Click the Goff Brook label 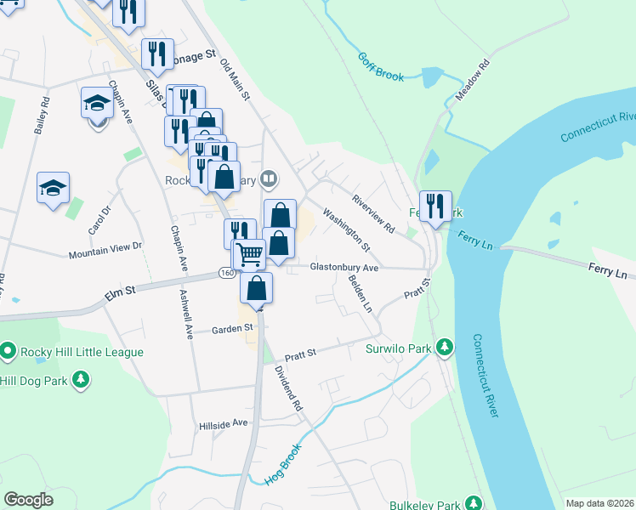(x=381, y=67)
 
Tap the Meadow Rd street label (x=474, y=81)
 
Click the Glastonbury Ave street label (x=344, y=267)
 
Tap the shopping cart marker (x=248, y=253)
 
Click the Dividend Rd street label (x=288, y=388)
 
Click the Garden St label (x=233, y=328)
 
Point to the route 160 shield (x=225, y=273)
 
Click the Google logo (x=29, y=499)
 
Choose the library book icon (x=269, y=178)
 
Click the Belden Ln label (x=361, y=295)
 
